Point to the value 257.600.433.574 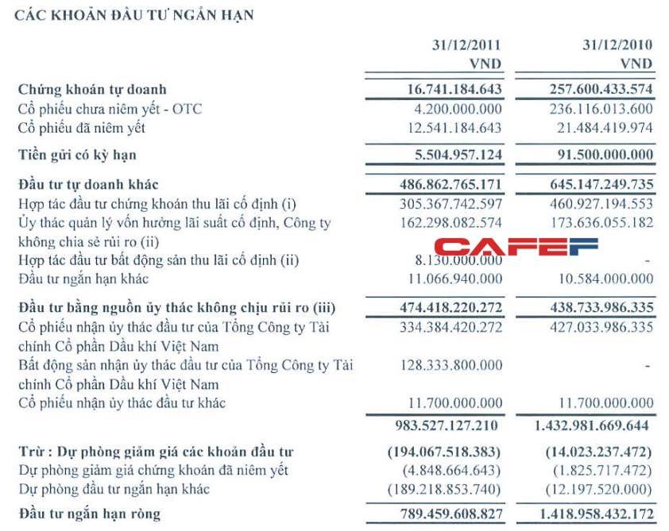tap(590, 90)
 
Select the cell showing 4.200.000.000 tap(452, 109)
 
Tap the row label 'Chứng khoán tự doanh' tap(92, 90)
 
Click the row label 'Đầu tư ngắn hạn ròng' tap(89, 514)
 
